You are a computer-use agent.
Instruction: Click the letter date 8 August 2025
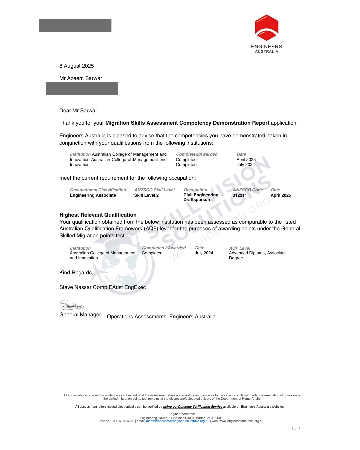(x=77, y=66)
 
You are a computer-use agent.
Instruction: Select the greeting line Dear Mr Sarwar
(x=79, y=111)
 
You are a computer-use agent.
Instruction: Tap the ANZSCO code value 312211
(x=240, y=195)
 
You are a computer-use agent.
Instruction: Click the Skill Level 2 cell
(x=146, y=195)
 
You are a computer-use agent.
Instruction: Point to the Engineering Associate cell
(x=93, y=195)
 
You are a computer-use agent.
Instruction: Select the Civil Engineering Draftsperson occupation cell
(x=201, y=197)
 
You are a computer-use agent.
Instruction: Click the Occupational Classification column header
(x=98, y=190)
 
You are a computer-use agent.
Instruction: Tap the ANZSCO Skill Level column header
(x=154, y=190)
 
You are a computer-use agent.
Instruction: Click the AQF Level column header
(x=240, y=248)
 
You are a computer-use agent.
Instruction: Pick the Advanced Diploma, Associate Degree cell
(x=257, y=255)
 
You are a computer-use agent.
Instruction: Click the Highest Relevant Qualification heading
(x=98, y=215)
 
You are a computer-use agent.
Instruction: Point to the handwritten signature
(x=72, y=305)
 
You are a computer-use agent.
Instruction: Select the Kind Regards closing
(x=76, y=273)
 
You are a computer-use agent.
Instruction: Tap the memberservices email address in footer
(x=178, y=421)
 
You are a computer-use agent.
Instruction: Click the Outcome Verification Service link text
(x=193, y=407)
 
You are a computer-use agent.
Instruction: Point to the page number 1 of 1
(x=296, y=429)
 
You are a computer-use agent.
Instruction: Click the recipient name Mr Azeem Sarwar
(x=81, y=78)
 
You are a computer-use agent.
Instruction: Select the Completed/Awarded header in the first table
(x=197, y=154)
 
